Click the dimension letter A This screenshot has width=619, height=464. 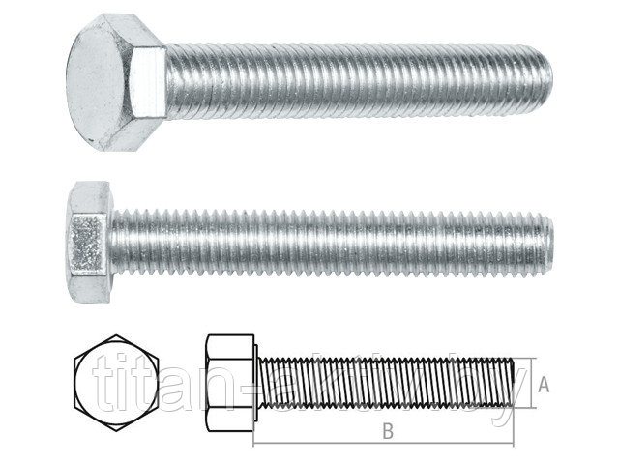[544, 385]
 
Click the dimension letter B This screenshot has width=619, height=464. [388, 431]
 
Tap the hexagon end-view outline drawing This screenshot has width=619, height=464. [116, 383]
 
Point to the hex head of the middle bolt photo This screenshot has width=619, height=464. [89, 242]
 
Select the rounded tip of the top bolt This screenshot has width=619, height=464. [545, 80]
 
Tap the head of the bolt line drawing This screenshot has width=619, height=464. [230, 383]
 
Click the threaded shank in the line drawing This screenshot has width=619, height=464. [386, 383]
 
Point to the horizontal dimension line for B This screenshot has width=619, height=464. [383, 445]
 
